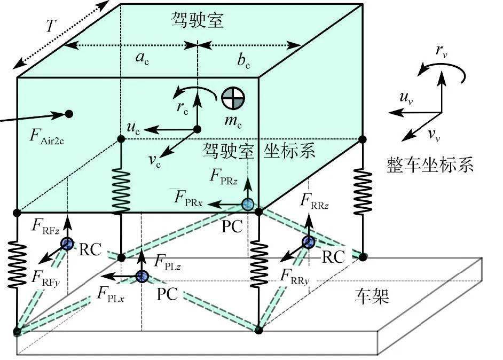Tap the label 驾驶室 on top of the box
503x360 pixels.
(x=197, y=20)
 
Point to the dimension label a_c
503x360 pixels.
(x=142, y=59)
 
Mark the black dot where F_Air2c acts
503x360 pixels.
(x=68, y=113)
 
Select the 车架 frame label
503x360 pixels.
(x=372, y=295)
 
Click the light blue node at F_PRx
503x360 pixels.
(x=247, y=204)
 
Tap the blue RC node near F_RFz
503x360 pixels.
(x=67, y=244)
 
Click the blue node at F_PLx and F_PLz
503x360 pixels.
(x=142, y=276)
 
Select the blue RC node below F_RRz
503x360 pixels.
(x=308, y=242)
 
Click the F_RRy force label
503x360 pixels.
(x=295, y=276)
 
